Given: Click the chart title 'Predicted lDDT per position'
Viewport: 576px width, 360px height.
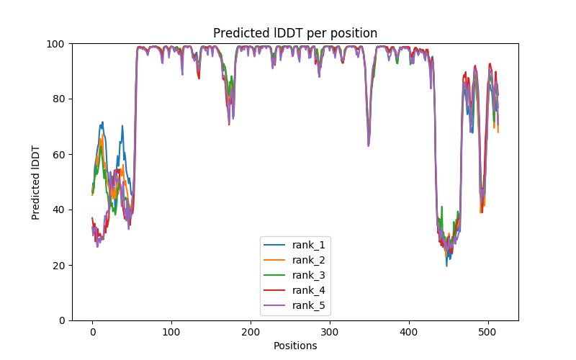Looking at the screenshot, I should click(295, 33).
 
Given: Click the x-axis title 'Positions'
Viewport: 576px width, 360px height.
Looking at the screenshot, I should click(295, 346).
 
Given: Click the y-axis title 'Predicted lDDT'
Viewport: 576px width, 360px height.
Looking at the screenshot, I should click(37, 182).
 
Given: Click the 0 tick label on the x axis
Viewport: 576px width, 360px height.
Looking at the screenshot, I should click(92, 331).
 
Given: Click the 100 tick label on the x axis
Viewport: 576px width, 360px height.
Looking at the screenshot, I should click(171, 331).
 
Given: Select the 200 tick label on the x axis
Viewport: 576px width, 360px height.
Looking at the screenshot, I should click(251, 331).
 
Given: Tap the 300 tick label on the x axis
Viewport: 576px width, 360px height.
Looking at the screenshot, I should click(330, 331).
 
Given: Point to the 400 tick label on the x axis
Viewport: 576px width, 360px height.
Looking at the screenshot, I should click(409, 331).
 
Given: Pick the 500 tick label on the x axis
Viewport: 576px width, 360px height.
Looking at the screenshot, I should click(488, 331).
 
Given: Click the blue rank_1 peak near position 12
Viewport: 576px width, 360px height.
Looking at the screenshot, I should click(102, 122).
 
